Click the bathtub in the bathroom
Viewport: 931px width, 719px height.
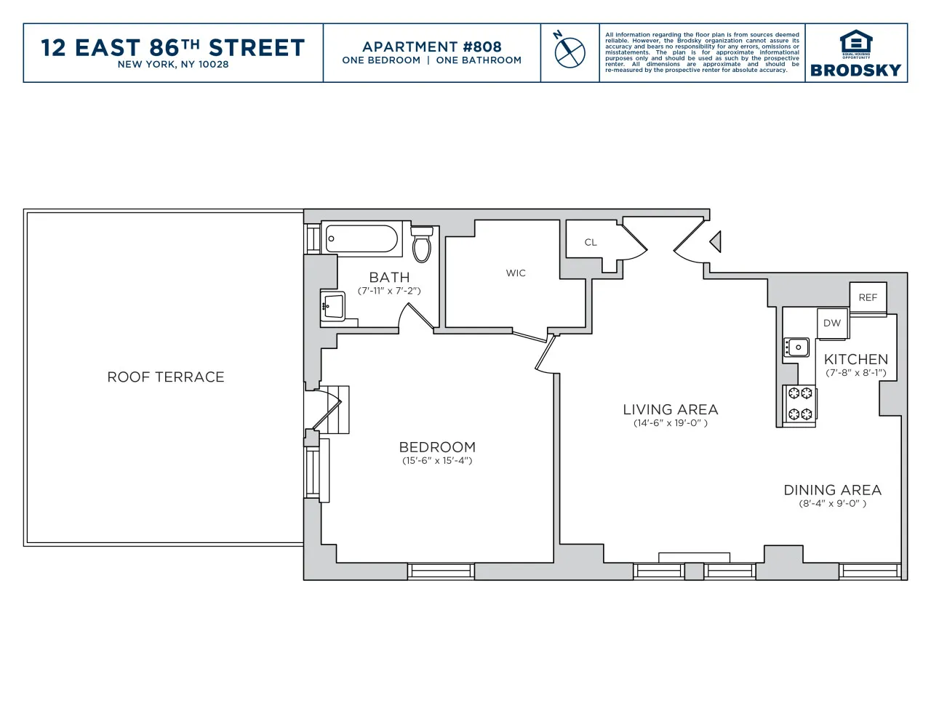click(361, 238)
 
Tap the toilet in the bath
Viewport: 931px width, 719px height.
click(422, 244)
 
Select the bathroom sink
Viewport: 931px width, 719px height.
click(333, 306)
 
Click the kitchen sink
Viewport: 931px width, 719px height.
click(796, 348)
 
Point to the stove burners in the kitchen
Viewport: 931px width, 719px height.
click(800, 404)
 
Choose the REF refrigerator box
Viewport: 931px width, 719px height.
click(868, 297)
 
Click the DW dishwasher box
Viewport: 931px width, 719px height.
click(832, 324)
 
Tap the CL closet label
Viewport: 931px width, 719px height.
click(591, 242)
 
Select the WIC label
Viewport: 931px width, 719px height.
click(516, 273)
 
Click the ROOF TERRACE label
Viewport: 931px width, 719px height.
click(166, 377)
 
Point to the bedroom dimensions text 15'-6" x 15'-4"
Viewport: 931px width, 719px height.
click(437, 460)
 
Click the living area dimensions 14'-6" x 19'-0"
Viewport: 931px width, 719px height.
click(670, 423)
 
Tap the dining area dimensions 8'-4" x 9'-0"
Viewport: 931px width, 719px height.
click(832, 503)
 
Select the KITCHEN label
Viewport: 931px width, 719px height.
click(855, 359)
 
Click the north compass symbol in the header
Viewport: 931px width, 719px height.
click(570, 51)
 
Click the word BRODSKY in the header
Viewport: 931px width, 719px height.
click(855, 71)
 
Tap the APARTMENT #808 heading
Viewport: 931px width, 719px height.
click(432, 47)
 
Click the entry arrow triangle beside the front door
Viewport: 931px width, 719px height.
click(716, 241)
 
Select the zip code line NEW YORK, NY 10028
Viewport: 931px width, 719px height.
click(173, 65)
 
